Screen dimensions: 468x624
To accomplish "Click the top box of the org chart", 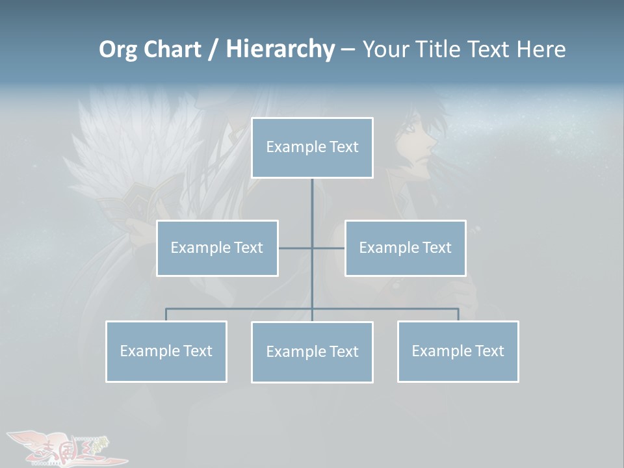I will tap(312, 148).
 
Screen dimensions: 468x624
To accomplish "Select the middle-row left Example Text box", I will tap(217, 248).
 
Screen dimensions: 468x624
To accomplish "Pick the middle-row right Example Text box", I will tap(405, 248).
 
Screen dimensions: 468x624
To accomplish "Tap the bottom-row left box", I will tap(166, 351).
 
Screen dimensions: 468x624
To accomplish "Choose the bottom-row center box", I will tap(312, 352).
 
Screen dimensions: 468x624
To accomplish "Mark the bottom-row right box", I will tap(458, 351).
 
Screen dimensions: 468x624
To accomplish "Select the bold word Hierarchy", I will tap(280, 49).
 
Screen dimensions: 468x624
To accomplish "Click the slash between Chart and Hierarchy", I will tap(213, 49).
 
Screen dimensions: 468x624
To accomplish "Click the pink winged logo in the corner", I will tap(65, 447).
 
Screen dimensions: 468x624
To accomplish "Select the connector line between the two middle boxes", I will tap(296, 248).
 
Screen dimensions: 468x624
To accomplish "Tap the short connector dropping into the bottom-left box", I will tap(166, 315).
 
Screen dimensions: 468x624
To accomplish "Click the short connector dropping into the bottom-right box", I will tap(458, 315).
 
